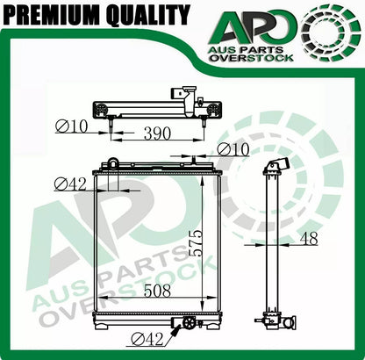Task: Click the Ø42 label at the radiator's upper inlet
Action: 71,184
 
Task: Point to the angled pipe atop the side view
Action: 276,169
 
